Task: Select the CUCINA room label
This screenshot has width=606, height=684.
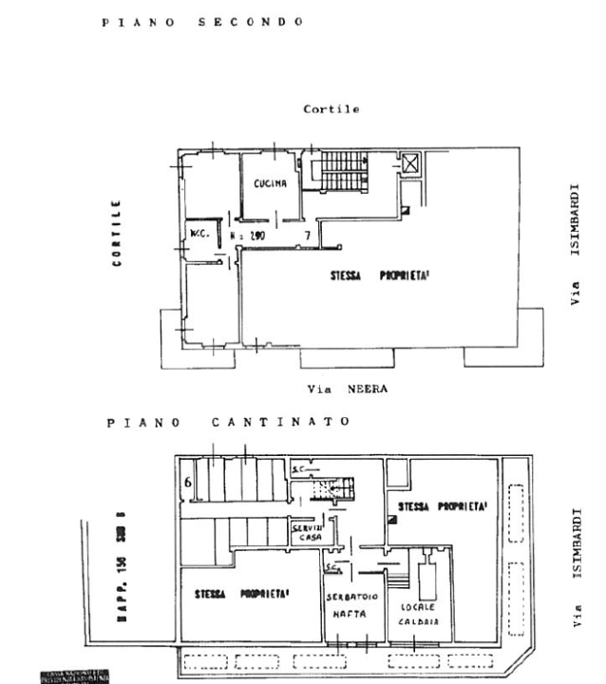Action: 271,184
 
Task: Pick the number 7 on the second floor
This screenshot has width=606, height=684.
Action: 307,233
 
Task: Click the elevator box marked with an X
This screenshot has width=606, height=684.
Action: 411,163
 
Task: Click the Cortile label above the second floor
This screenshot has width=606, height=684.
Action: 331,109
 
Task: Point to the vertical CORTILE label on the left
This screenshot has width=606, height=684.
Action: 117,233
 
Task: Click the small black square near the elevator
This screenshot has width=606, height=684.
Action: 406,210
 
